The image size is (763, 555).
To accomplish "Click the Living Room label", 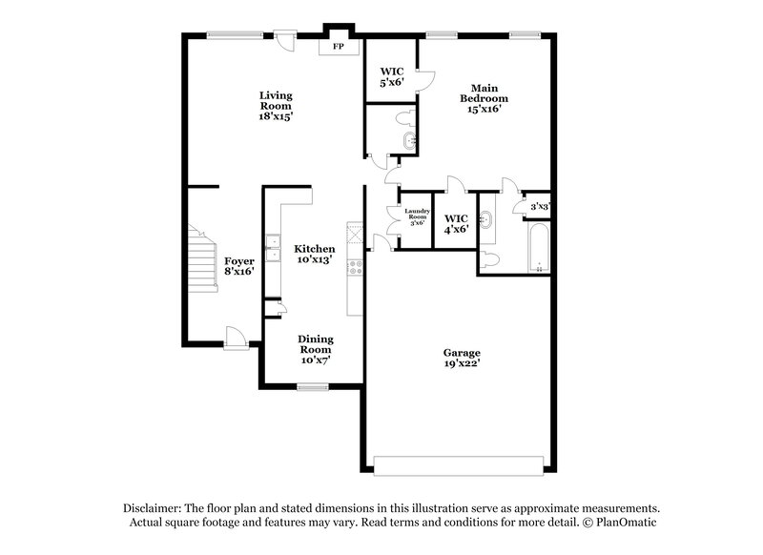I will [275, 106].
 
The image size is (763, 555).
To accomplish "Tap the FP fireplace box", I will [338, 46].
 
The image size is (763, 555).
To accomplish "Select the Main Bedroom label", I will [484, 98].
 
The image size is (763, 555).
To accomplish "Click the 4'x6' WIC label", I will [456, 223].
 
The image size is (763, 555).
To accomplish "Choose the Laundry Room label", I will [417, 216].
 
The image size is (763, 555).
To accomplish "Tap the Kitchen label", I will [314, 254].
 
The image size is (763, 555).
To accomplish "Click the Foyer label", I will [239, 266].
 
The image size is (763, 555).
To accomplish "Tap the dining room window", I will [312, 386].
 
